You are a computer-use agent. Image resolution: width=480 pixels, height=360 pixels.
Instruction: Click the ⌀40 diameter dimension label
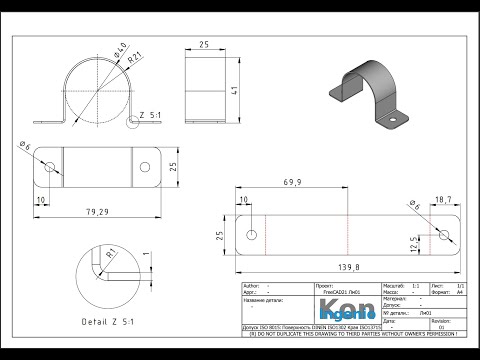tap(119, 49)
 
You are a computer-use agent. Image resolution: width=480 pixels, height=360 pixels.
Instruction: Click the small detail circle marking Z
tap(135, 122)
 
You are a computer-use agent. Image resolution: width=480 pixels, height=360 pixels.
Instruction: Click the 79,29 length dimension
tap(97, 211)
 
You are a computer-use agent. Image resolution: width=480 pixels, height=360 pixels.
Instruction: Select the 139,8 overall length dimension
tap(348, 267)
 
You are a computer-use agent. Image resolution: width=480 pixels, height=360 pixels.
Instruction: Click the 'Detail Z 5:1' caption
tap(112, 321)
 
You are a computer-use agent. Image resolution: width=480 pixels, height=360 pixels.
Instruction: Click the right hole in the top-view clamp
tap(149, 167)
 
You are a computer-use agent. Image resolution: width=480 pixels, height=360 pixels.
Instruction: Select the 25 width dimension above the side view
tap(203, 45)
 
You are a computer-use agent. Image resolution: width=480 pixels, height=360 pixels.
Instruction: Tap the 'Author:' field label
tap(254, 285)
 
